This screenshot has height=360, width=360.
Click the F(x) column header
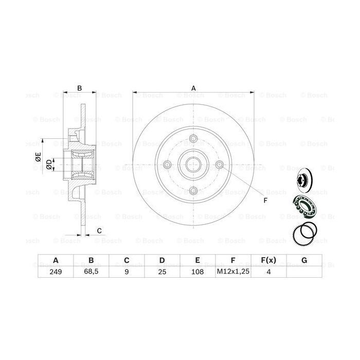[x=268, y=260]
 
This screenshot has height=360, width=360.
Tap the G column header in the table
[x=304, y=260]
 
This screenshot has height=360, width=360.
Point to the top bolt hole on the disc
[x=193, y=139]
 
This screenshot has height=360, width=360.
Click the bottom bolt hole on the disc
[x=193, y=191]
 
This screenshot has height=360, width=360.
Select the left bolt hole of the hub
[x=167, y=165]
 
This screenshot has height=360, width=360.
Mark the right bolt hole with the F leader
[x=220, y=165]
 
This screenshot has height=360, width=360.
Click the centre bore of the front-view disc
[x=193, y=165]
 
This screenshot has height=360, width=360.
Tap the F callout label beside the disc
[x=265, y=200]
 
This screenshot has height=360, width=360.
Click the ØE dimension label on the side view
[x=38, y=159]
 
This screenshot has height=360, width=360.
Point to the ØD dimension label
[x=48, y=164]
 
